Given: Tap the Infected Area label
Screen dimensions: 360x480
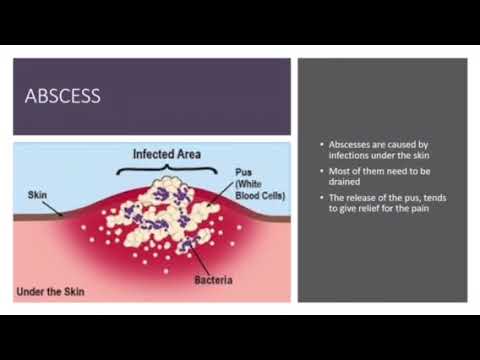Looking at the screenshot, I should point(168,155).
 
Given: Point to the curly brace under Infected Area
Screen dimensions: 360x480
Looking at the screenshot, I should point(168,171).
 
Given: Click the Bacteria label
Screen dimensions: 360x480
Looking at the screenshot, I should point(214,280).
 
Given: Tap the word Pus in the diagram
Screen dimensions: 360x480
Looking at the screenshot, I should point(243,171).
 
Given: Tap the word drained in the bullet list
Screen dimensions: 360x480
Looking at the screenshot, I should point(345,184).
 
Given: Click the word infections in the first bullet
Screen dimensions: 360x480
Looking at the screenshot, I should point(350,157).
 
